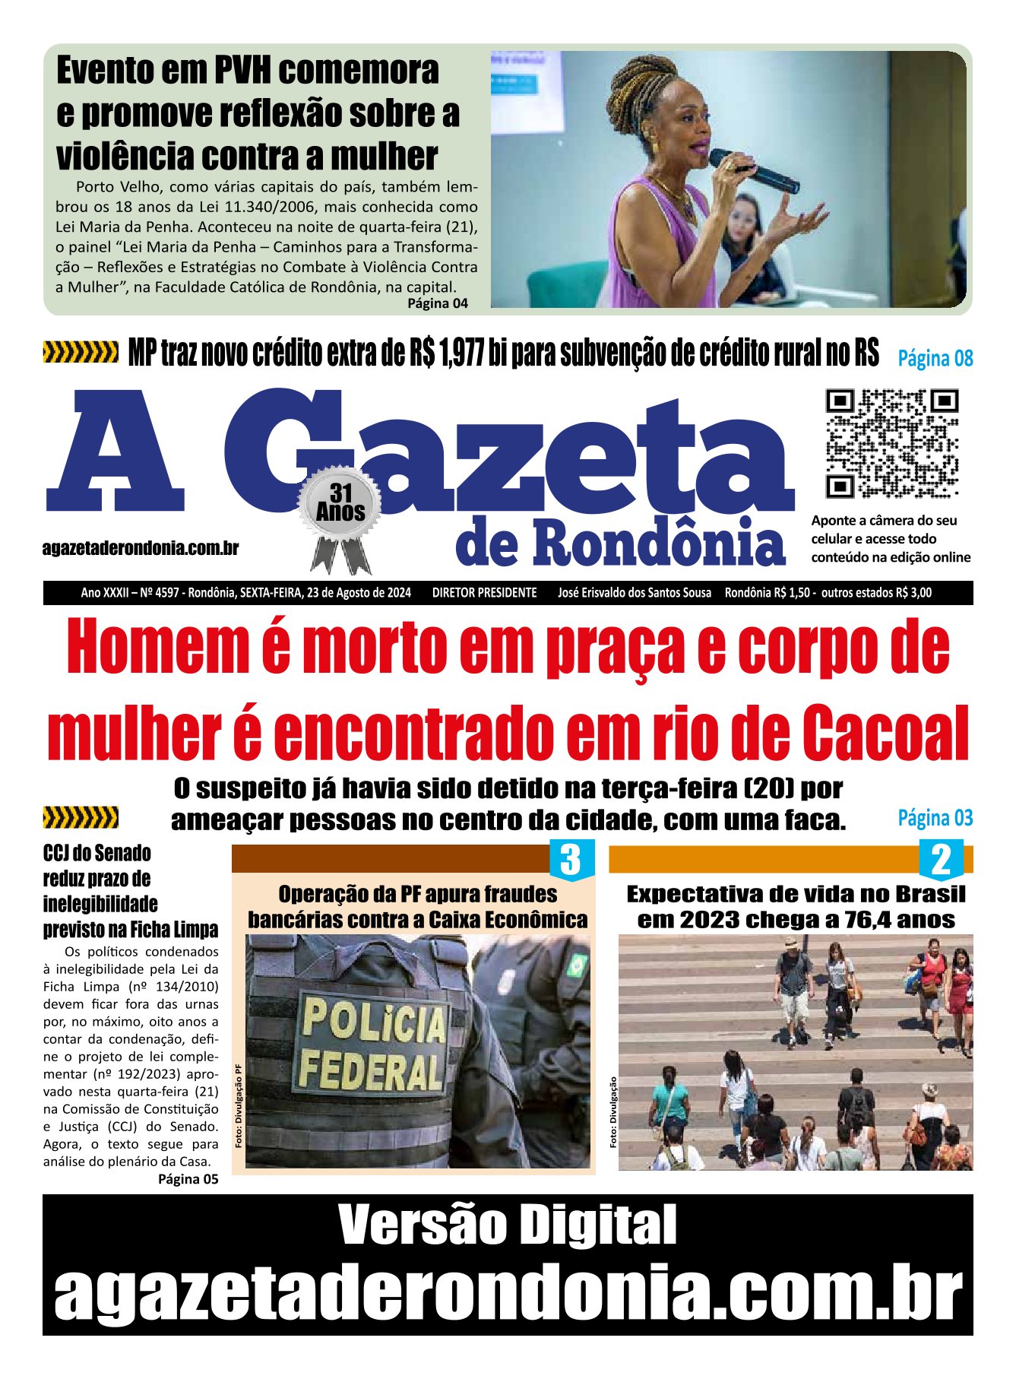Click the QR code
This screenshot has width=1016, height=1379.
(891, 444)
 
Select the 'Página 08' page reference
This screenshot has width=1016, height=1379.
(935, 358)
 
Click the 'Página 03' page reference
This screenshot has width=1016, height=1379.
(935, 818)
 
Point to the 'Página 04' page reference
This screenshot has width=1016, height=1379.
(438, 303)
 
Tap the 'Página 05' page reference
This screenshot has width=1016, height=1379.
(188, 1179)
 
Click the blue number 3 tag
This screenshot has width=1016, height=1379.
(569, 860)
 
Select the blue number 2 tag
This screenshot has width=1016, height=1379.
(941, 860)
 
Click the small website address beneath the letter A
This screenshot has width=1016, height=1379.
(141, 548)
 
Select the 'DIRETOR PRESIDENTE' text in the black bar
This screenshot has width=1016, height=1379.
(484, 593)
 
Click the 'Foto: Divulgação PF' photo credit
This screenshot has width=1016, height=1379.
(239, 1106)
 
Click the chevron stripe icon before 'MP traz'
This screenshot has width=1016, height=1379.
(81, 353)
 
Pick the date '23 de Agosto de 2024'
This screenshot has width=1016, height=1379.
(359, 593)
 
